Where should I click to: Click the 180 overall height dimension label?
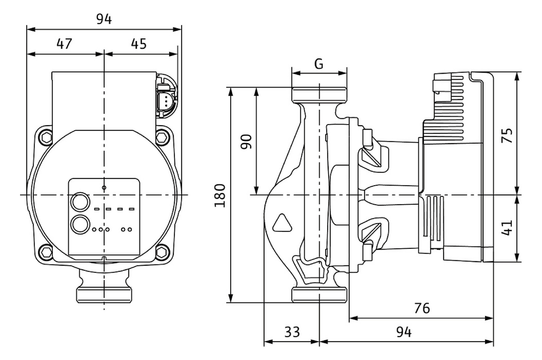coord(220,195)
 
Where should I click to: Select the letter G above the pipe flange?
coord(319,64)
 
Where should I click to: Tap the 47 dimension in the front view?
coord(64,44)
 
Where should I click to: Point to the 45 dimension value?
coord(139,44)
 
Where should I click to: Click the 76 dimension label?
coord(422,308)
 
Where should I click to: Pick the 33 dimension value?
coord(292,332)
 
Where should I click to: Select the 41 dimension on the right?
coord(507,228)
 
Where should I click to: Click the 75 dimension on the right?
coord(507,135)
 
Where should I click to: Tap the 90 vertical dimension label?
coord(246,142)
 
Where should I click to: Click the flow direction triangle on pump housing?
coord(282,223)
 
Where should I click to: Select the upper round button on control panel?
coord(80,202)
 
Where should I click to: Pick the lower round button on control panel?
coord(80,224)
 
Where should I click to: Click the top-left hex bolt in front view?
coord(47,137)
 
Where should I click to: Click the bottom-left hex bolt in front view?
coord(47,252)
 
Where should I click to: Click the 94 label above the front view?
coord(104,19)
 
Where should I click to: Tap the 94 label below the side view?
coord(404,332)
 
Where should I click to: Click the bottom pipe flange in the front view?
coord(104,295)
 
